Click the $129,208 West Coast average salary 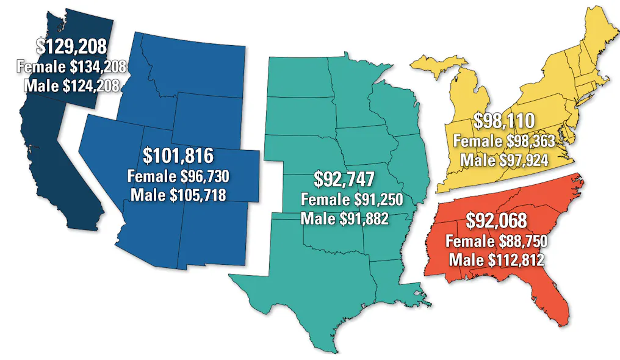71,45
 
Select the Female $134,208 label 71,65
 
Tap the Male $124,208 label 71,85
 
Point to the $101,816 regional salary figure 178,156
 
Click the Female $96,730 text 178,177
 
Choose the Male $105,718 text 178,196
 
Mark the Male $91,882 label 345,218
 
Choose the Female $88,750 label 496,241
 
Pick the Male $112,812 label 496,261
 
